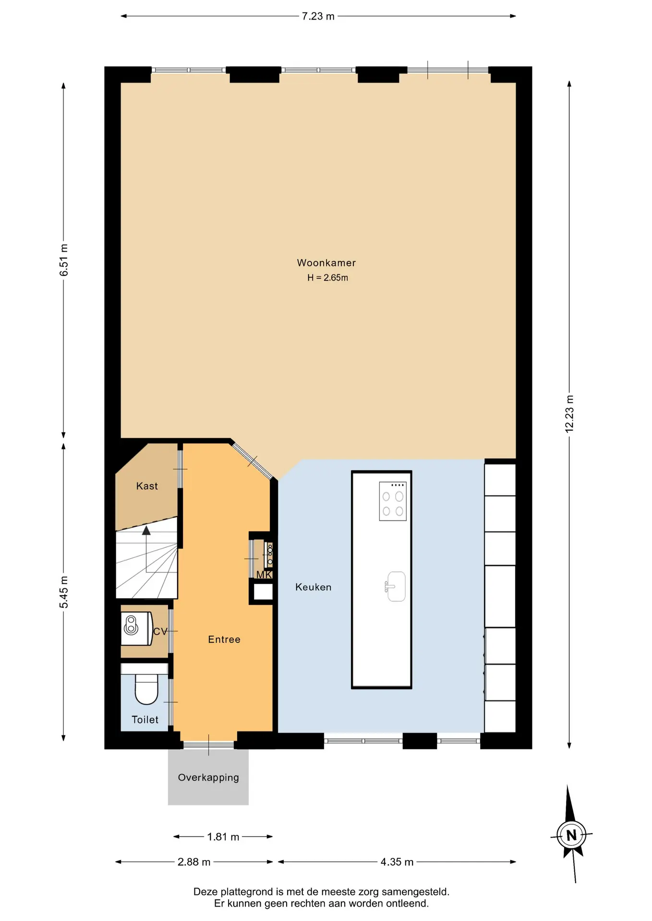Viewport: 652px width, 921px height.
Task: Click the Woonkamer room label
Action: coord(326,263)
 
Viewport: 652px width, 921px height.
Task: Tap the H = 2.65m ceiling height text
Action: coord(327,278)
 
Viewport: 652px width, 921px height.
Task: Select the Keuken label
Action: coord(313,587)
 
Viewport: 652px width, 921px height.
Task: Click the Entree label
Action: coord(224,639)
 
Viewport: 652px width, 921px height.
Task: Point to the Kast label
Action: coord(147,486)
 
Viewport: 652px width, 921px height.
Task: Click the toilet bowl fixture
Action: coord(146,689)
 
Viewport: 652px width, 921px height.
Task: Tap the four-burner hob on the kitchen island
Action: coord(393,501)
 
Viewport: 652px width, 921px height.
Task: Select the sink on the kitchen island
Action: coord(395,587)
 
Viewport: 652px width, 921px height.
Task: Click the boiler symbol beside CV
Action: coord(136,628)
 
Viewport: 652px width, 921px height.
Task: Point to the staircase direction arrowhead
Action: coord(146,530)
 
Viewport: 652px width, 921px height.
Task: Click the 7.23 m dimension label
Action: coord(318,16)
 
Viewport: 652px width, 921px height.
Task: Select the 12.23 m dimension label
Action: coord(569,413)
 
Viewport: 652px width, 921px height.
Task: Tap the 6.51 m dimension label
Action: coord(64,260)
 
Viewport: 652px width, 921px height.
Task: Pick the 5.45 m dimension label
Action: coord(64,592)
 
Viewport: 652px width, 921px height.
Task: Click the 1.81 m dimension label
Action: coord(223,837)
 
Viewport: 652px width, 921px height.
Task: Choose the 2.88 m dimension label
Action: coord(194,862)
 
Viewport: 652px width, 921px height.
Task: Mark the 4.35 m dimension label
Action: coord(397,862)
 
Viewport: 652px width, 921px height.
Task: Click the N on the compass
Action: coord(571,835)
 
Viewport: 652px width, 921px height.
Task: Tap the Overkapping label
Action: coord(208,778)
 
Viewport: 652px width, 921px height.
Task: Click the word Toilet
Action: coord(145,720)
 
